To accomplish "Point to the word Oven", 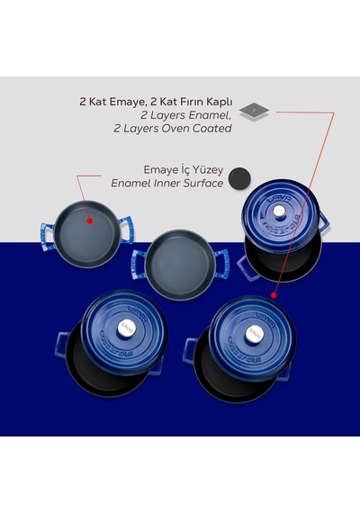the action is (x=173, y=128).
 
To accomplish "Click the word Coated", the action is (x=211, y=128).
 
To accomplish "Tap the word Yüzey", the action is (x=208, y=170).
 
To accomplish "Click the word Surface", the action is (x=202, y=184).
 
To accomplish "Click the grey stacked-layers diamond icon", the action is (x=254, y=112).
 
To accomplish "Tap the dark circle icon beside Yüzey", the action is (x=239, y=178).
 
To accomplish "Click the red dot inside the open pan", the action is (x=90, y=220).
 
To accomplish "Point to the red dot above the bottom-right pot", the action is (x=274, y=295).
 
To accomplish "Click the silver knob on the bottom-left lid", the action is (x=126, y=328).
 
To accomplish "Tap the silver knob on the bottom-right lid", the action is (x=255, y=334).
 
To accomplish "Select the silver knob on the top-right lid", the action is (x=279, y=211).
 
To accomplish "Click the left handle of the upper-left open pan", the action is (x=48, y=237).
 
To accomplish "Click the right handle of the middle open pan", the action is (x=221, y=264).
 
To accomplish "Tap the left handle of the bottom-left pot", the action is (x=62, y=345).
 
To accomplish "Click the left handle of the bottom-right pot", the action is (x=190, y=351).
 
